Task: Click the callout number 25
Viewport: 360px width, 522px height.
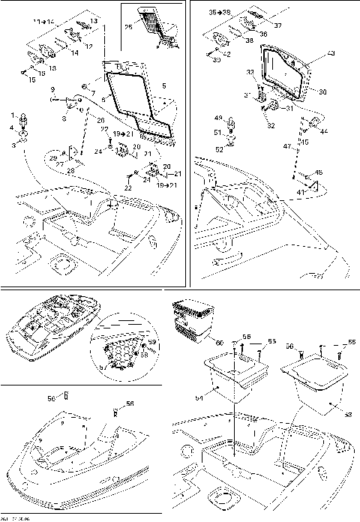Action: pyautogui.click(x=128, y=28)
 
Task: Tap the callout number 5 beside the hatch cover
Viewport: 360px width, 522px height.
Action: pyautogui.click(x=164, y=86)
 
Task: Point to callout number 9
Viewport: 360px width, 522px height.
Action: pyautogui.click(x=53, y=89)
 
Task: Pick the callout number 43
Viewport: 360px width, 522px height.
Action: pyautogui.click(x=331, y=54)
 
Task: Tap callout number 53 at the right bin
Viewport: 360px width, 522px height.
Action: pyautogui.click(x=347, y=413)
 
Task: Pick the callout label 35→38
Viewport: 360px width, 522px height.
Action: pyautogui.click(x=220, y=13)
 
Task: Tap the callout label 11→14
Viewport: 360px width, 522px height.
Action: pyautogui.click(x=43, y=24)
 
